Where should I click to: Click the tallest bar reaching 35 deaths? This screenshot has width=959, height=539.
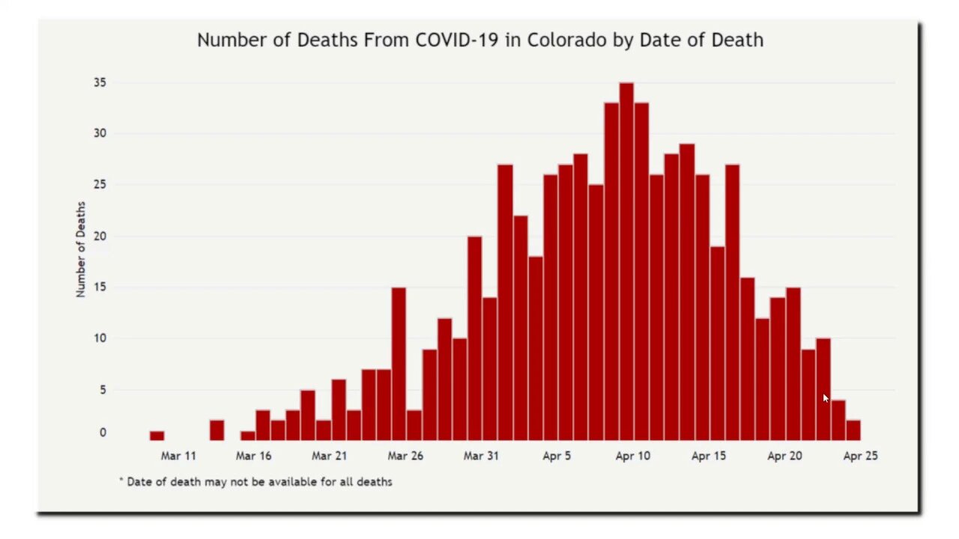[x=626, y=261]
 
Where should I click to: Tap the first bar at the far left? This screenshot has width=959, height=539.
[x=157, y=436]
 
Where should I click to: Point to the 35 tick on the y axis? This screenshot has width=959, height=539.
[x=100, y=82]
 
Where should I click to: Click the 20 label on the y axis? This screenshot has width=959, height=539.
[x=100, y=236]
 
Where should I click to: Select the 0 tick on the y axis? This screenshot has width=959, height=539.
[x=103, y=433]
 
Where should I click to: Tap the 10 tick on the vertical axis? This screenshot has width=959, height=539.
[x=100, y=338]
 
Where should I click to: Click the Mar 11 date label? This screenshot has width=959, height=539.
[x=178, y=455]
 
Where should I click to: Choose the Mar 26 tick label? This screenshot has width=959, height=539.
[x=405, y=455]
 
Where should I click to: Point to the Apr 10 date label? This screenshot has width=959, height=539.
[x=633, y=455]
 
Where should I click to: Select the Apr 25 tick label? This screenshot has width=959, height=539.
[x=860, y=455]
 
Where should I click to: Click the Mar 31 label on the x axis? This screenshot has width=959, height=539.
[x=481, y=455]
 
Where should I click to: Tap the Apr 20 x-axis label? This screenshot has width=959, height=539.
[x=784, y=455]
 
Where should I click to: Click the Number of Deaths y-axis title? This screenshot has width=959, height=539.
[x=81, y=249]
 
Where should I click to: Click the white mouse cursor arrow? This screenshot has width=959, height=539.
[x=826, y=398]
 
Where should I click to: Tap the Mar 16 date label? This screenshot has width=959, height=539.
[x=254, y=455]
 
